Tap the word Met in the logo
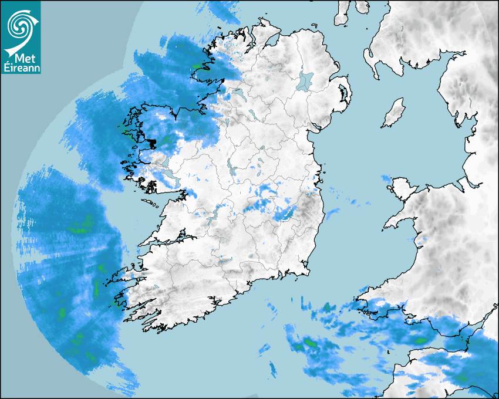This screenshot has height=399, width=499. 23,59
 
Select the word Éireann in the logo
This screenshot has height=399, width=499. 22,69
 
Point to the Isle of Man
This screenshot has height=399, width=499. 394,113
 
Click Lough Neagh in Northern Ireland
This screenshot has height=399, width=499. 305,80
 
